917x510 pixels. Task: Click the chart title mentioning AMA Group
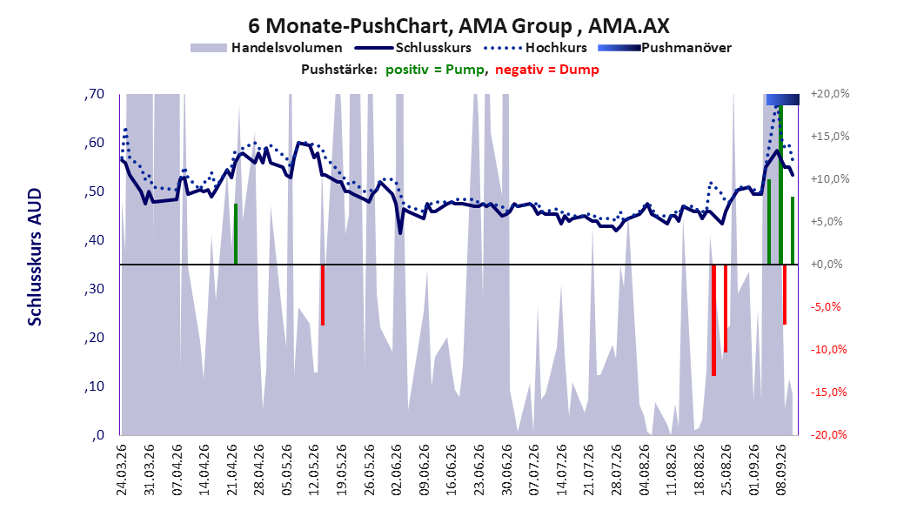pos(458,26)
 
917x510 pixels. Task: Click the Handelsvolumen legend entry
pos(267,48)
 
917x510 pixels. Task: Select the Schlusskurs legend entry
pos(413,48)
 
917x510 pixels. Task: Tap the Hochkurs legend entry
pos(536,48)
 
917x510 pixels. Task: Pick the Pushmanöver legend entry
pos(665,48)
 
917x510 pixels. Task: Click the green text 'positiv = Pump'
pos(435,70)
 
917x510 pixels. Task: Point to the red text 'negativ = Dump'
pos(547,70)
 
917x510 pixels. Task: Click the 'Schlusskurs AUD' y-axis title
pos(35,257)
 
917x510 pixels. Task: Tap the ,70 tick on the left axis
pos(94,94)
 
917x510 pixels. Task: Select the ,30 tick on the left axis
pos(94,289)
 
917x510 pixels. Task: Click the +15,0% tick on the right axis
pos(830,137)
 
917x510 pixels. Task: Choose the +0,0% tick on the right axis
pos(827,265)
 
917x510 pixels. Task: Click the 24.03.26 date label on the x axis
pos(122,470)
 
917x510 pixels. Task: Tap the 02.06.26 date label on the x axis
pos(397,470)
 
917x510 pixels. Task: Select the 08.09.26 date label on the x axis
pos(780,470)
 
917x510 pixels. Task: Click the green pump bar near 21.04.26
pos(236,234)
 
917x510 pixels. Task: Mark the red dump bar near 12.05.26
pos(322,295)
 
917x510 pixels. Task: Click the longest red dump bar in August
pos(713,320)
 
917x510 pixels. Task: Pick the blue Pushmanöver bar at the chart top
pos(782,99)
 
